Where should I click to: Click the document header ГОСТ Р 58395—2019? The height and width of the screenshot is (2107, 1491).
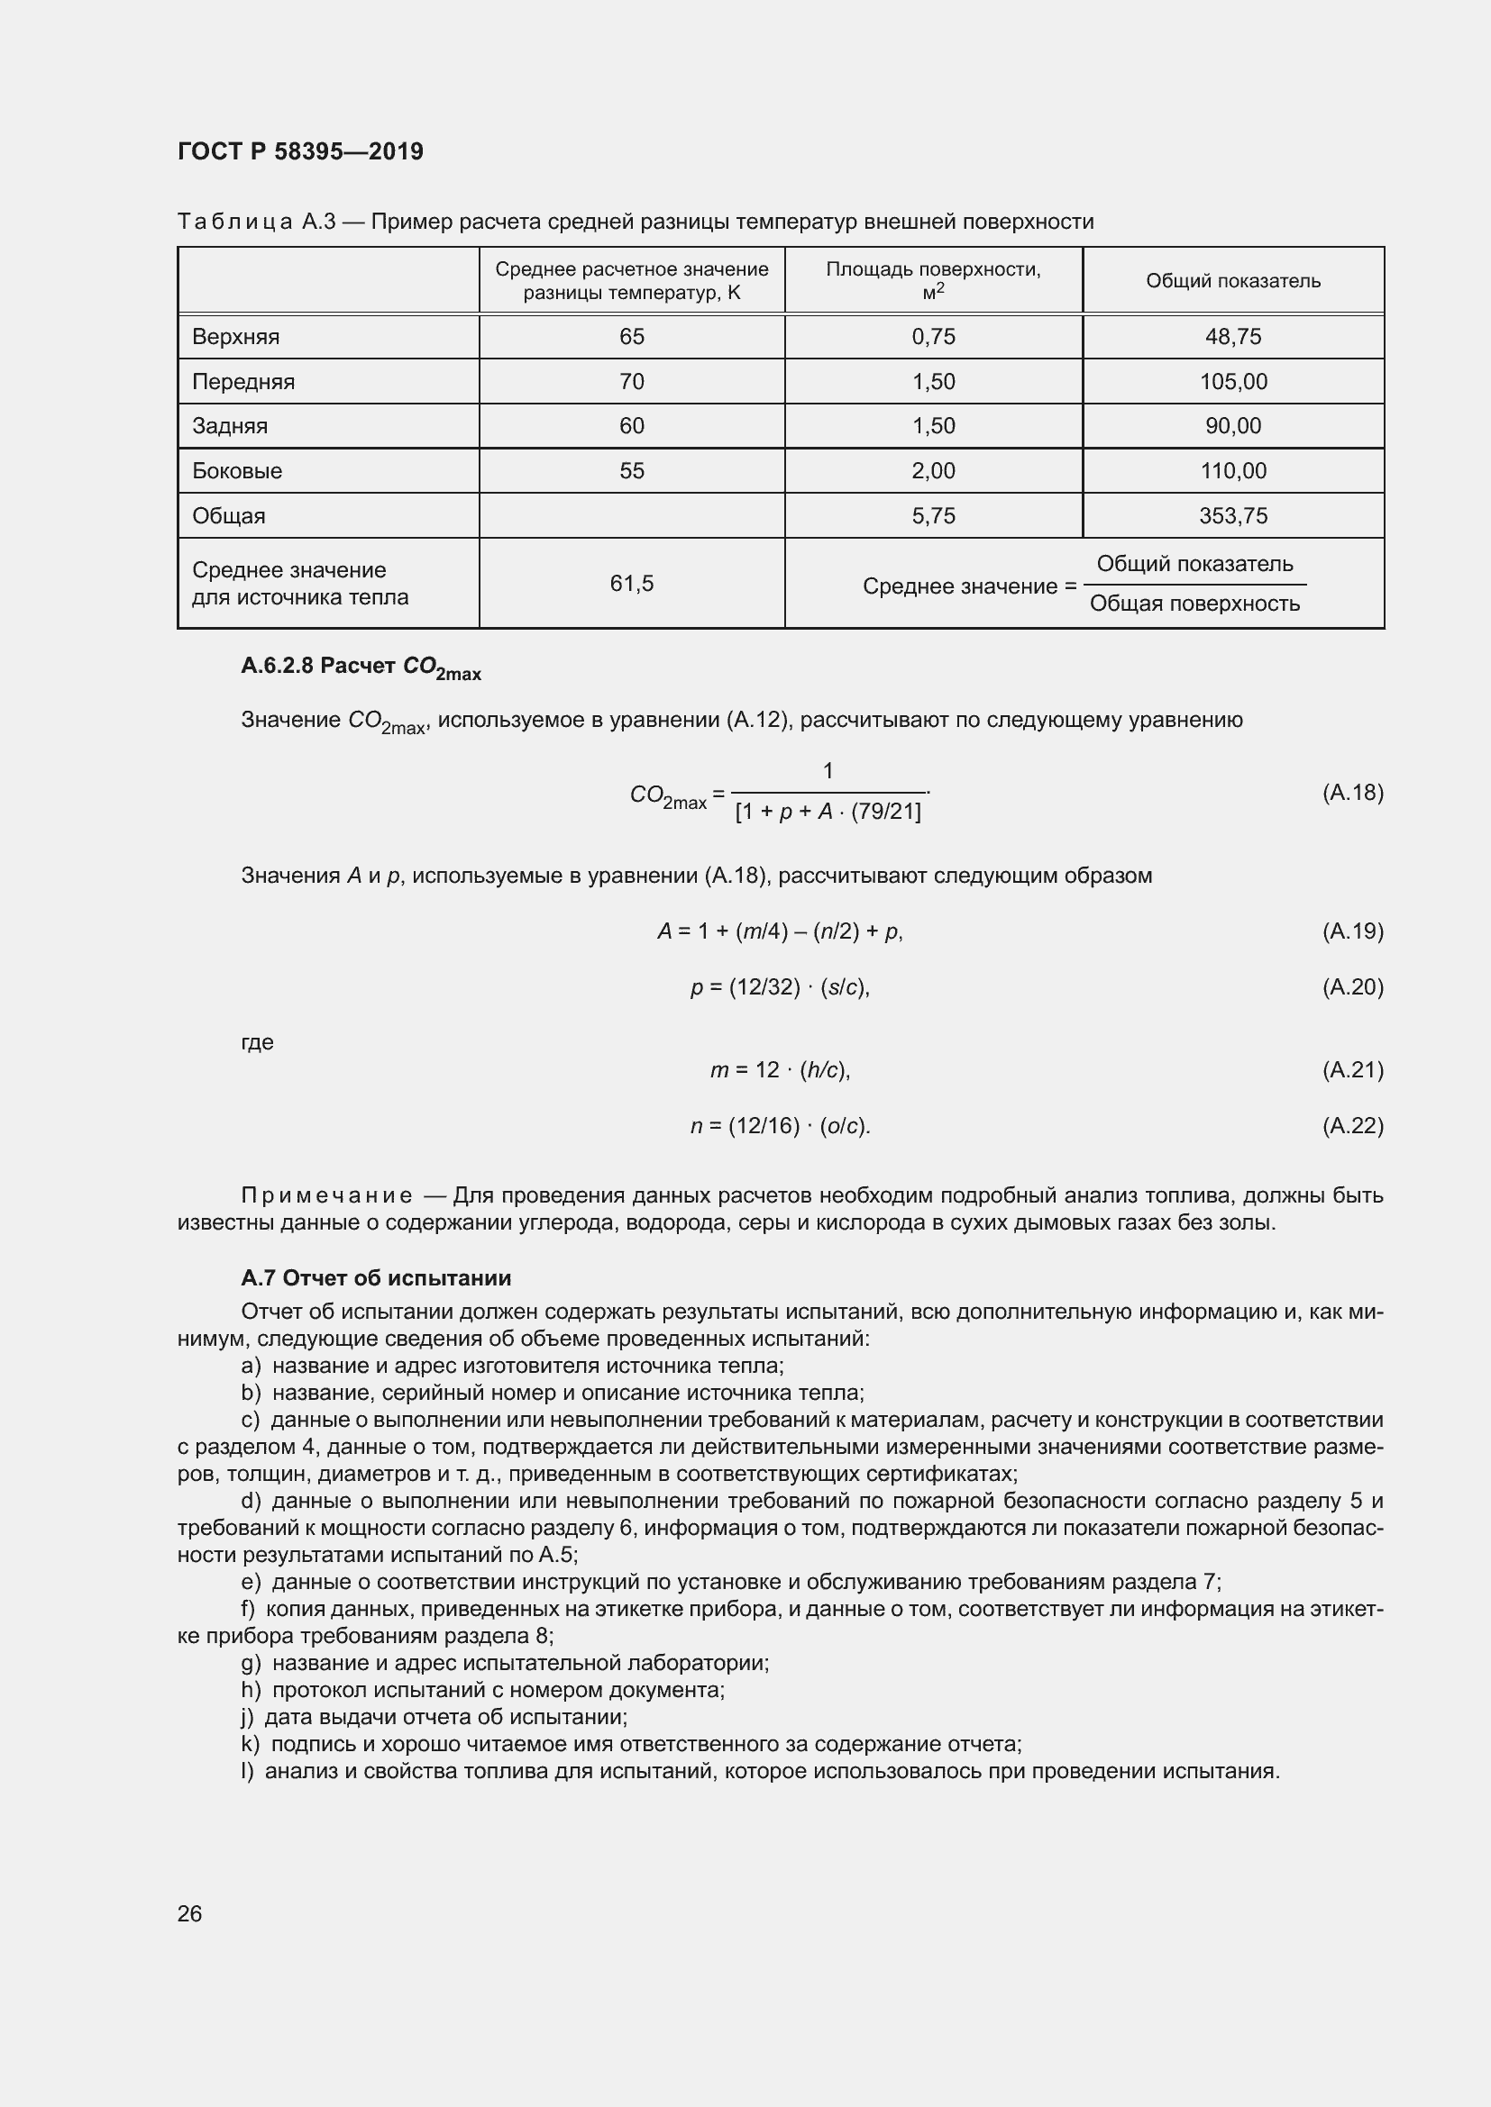click(x=300, y=151)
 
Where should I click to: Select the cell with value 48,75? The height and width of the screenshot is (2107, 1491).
click(x=1232, y=337)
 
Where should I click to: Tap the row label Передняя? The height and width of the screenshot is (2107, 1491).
click(x=243, y=382)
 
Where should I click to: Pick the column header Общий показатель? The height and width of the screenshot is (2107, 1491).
click(x=1232, y=281)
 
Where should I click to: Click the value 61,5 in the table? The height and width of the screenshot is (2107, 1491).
click(x=632, y=584)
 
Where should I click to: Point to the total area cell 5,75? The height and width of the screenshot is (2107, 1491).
click(x=933, y=516)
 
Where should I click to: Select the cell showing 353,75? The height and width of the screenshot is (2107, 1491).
click(x=1232, y=516)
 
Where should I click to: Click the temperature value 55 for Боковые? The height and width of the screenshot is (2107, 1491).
click(x=632, y=471)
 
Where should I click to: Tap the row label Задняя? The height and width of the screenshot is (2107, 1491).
click(x=230, y=426)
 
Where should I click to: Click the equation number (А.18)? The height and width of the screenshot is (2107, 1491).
click(x=1351, y=793)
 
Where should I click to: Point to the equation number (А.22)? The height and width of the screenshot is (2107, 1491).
click(x=1351, y=1126)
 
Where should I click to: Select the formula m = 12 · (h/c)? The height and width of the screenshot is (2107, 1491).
click(x=780, y=1070)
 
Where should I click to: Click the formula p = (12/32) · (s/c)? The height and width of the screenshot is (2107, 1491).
click(x=780, y=987)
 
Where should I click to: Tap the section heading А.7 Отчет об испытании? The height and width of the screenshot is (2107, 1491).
click(x=376, y=1278)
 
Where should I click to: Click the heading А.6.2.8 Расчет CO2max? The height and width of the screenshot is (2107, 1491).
click(x=360, y=668)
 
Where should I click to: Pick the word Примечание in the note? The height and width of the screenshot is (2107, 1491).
click(x=326, y=1195)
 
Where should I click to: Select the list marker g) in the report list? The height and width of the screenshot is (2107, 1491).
click(x=250, y=1663)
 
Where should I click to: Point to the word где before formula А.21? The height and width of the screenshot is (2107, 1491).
click(x=256, y=1042)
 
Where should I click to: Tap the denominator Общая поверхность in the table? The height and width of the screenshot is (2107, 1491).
click(x=1194, y=604)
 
